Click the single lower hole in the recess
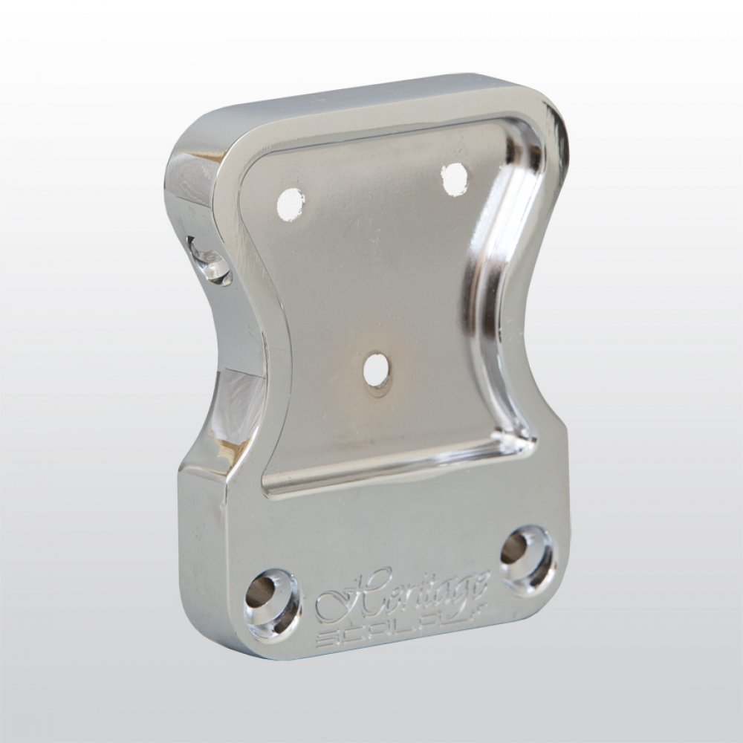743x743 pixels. pyautogui.click(x=378, y=371)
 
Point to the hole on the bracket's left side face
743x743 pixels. pyautogui.click(x=210, y=262)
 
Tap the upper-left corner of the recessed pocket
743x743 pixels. pyautogui.click(x=253, y=167)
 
